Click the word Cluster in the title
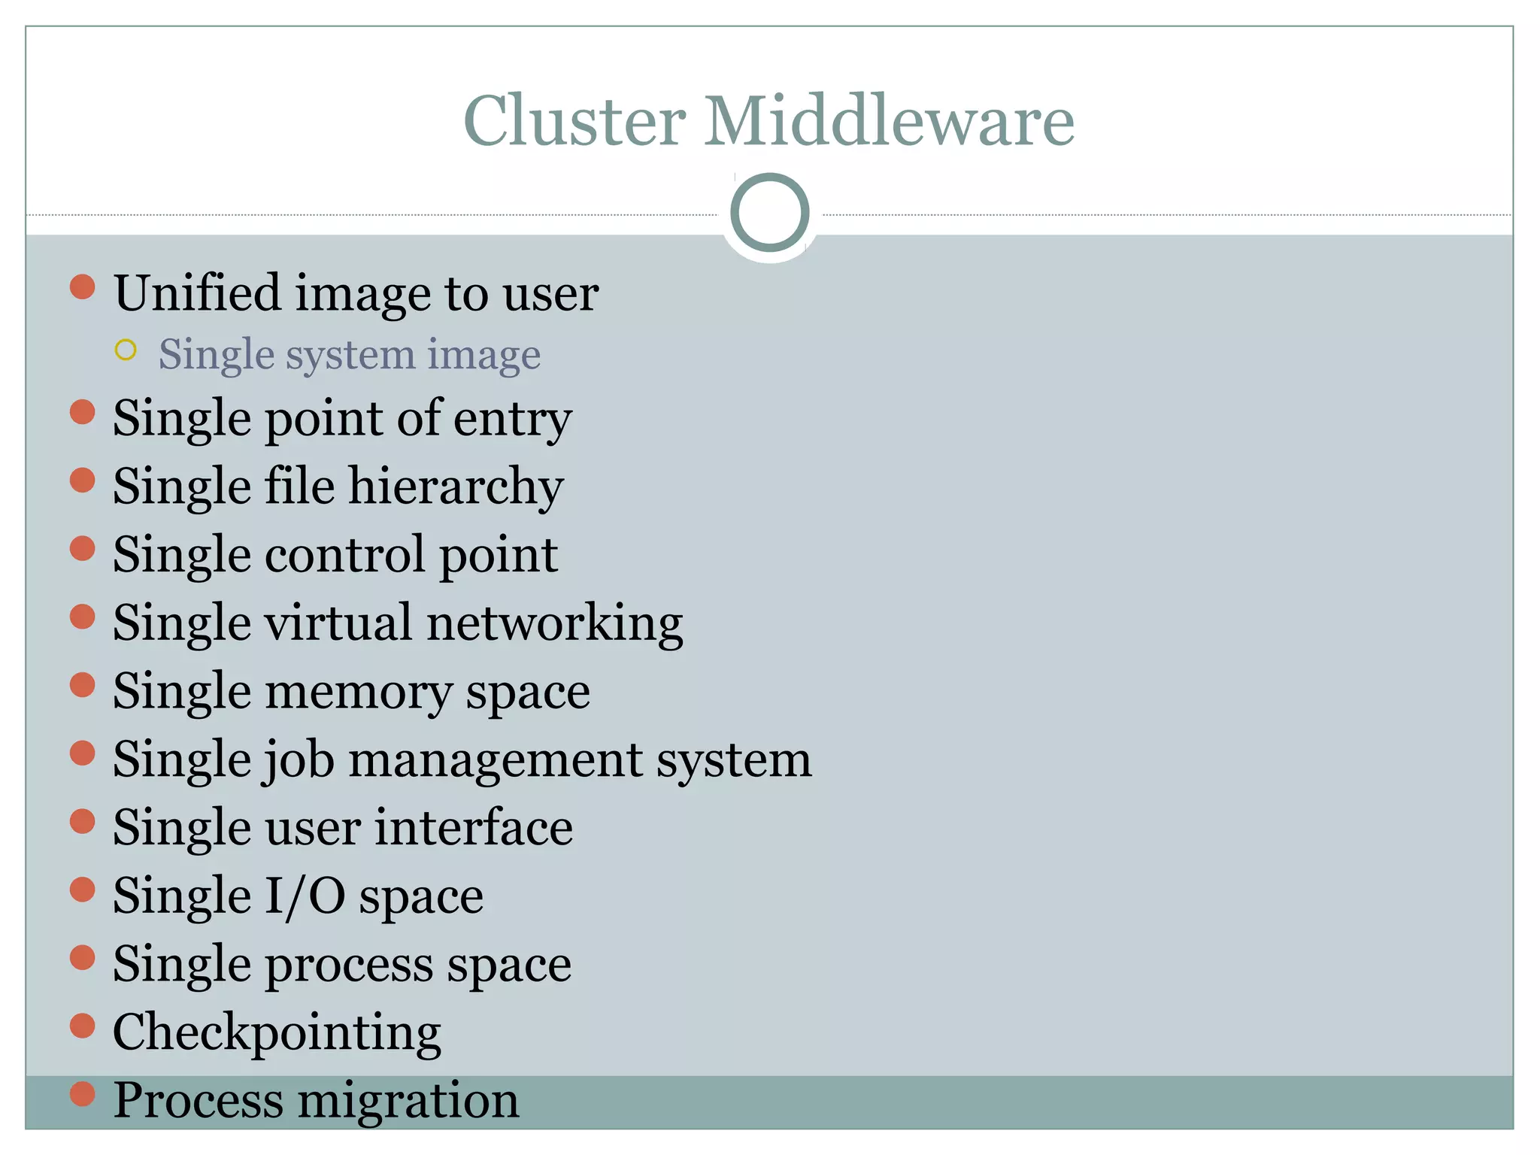[x=574, y=121]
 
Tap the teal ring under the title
[x=769, y=213]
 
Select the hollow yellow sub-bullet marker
[x=126, y=350]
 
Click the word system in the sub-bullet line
[x=350, y=356]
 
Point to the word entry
[x=512, y=419]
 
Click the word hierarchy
[x=456, y=487]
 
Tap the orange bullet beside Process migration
[x=82, y=1094]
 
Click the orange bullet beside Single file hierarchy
[x=82, y=480]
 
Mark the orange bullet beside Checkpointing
[x=82, y=1026]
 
